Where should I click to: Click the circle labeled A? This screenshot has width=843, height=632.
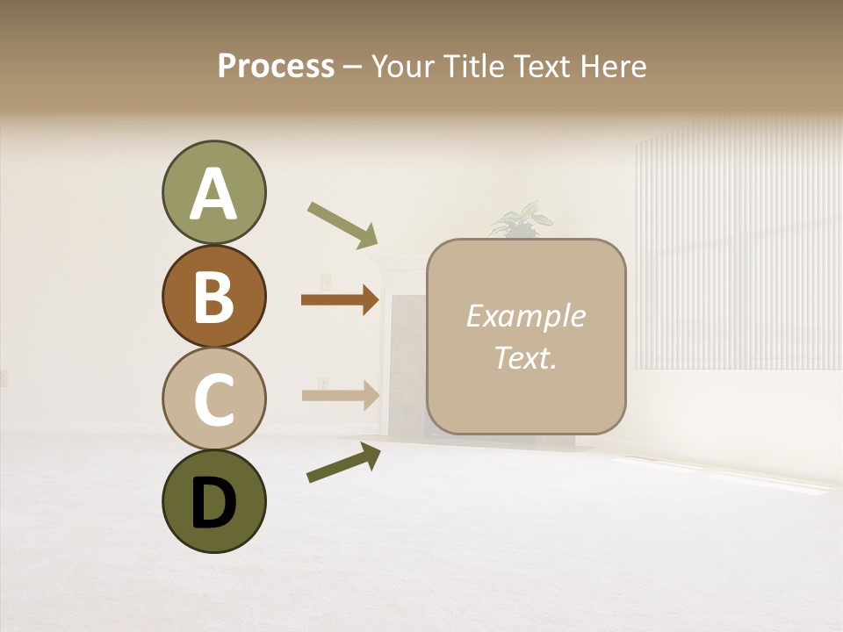(213, 192)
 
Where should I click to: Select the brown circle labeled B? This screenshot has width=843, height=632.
(213, 296)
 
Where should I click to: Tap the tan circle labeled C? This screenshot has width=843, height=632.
(213, 399)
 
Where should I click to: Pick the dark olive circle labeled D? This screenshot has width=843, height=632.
(213, 501)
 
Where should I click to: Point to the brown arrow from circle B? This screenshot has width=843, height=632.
(340, 300)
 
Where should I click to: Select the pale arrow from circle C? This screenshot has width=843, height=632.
(340, 395)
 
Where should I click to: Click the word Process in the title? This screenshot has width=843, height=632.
(276, 66)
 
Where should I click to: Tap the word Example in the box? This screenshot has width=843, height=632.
(525, 316)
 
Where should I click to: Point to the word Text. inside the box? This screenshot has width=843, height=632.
(525, 357)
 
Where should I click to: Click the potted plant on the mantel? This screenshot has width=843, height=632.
(522, 219)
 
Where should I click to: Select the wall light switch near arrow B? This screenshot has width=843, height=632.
(326, 282)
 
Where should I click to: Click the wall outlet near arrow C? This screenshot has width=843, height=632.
(323, 384)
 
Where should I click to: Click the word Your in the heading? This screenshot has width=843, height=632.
(403, 66)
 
